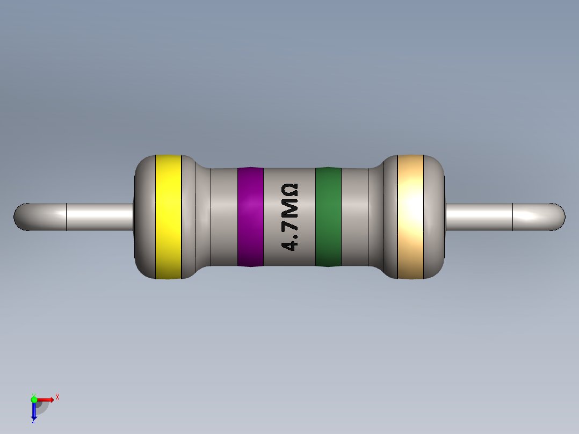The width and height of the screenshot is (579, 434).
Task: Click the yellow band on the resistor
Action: [168, 216]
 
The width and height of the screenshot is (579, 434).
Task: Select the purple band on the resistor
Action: [250, 216]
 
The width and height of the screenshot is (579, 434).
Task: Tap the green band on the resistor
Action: [328, 216]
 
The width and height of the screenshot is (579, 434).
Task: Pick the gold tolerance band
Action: [410, 216]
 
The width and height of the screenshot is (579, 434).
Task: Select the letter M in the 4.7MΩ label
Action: [289, 205]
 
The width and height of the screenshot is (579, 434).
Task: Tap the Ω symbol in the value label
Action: [289, 189]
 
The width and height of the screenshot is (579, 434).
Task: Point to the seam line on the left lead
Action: [66, 217]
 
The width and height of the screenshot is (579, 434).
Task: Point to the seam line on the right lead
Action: [513, 217]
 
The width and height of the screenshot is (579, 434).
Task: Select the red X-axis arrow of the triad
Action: [46, 399]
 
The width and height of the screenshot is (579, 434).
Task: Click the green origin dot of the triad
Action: [34, 399]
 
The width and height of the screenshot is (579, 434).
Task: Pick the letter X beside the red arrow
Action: [57, 397]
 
